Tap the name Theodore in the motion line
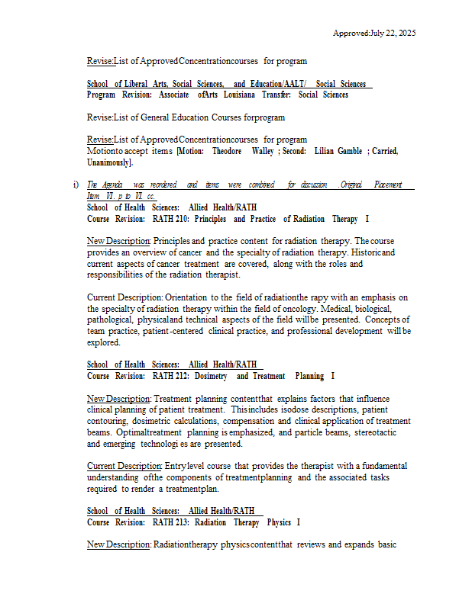tap(227, 151)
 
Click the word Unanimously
tap(110, 162)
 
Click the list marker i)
tap(76, 185)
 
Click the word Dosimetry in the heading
tap(212, 376)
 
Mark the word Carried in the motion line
tap(384, 151)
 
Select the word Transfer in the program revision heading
tap(275, 95)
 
